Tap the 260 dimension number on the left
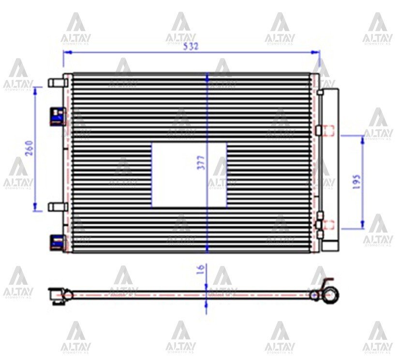point(29,148)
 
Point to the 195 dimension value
point(357,182)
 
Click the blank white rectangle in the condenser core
point(189,175)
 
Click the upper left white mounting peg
point(57,82)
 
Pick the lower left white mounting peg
point(57,206)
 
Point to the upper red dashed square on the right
point(328,130)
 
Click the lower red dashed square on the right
point(328,224)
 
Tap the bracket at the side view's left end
point(57,296)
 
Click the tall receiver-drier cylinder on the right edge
point(330,169)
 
